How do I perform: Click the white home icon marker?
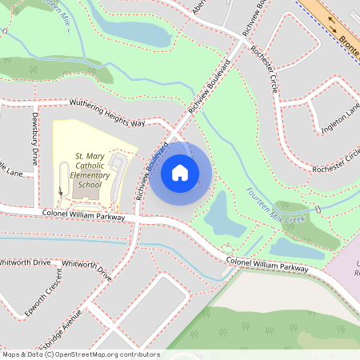180,172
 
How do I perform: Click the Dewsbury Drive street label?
35,143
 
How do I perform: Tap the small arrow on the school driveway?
61,191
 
